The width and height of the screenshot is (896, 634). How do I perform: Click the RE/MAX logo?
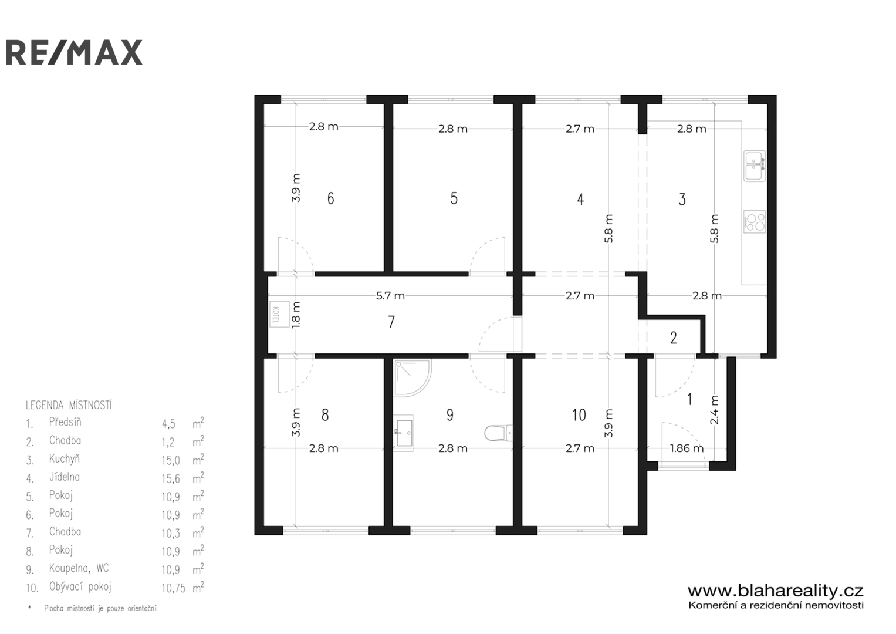click(x=74, y=52)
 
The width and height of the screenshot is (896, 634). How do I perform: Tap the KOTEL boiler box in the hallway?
click(x=279, y=314)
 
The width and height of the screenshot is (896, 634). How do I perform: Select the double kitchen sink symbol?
click(x=755, y=166)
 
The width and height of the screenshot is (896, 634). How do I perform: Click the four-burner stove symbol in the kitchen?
click(x=755, y=222)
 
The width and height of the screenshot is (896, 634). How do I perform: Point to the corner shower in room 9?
click(x=413, y=378)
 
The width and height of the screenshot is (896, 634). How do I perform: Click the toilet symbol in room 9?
click(x=498, y=433)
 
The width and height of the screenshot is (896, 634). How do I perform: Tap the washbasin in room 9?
click(x=404, y=433)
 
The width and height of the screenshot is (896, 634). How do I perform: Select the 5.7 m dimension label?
click(x=390, y=296)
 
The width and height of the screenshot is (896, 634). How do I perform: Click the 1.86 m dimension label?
click(x=687, y=448)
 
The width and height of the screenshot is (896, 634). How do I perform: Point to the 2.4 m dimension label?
click(x=715, y=410)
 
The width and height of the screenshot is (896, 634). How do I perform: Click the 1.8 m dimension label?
click(x=296, y=315)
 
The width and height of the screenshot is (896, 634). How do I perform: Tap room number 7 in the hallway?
click(x=391, y=322)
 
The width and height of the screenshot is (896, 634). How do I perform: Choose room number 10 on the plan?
click(x=579, y=415)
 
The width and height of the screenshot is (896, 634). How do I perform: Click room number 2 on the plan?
click(x=674, y=338)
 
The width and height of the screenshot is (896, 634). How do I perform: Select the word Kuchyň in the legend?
click(x=65, y=458)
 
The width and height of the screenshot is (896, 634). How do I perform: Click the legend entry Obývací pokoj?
click(x=80, y=587)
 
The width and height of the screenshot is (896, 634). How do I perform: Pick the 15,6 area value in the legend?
click(x=171, y=478)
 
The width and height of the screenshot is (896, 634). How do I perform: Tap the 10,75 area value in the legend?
click(x=174, y=588)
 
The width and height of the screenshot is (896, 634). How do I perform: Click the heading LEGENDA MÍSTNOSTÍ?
click(x=69, y=405)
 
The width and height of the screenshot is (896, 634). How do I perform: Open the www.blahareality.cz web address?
click(x=776, y=591)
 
